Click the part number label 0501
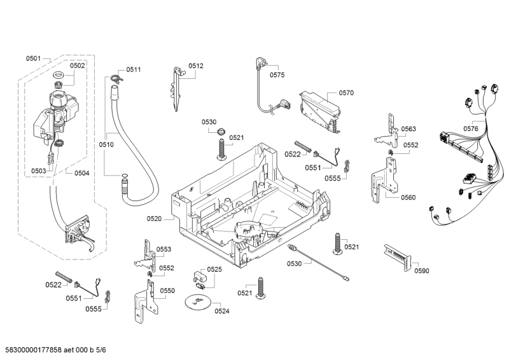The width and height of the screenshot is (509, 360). click(x=33, y=59)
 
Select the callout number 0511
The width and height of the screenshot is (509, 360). click(x=134, y=69)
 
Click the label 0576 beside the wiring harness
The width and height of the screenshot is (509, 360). click(x=470, y=128)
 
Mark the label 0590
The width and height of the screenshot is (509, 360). click(x=422, y=271)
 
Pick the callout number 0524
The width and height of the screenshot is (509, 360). click(x=222, y=311)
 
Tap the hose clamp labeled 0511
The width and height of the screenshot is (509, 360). click(x=115, y=78)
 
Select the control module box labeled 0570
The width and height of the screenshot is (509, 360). click(x=319, y=108)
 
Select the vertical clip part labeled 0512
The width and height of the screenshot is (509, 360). click(x=177, y=88)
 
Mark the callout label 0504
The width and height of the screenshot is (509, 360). click(x=81, y=172)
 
